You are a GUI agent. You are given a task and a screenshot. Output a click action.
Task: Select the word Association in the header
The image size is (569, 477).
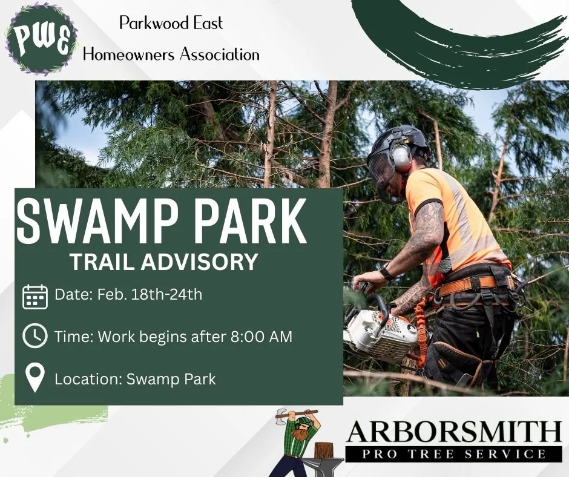(218, 54)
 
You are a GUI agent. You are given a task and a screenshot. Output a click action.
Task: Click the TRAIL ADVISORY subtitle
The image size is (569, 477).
(163, 262)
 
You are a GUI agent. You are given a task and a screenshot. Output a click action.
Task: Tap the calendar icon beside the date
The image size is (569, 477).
(35, 297)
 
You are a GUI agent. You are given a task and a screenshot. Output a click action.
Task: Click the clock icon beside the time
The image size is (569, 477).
(35, 337)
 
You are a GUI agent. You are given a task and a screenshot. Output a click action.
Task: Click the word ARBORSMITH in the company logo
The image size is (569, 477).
(454, 432)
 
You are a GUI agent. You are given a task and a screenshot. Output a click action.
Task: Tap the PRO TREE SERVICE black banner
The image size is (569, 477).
(454, 454)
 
